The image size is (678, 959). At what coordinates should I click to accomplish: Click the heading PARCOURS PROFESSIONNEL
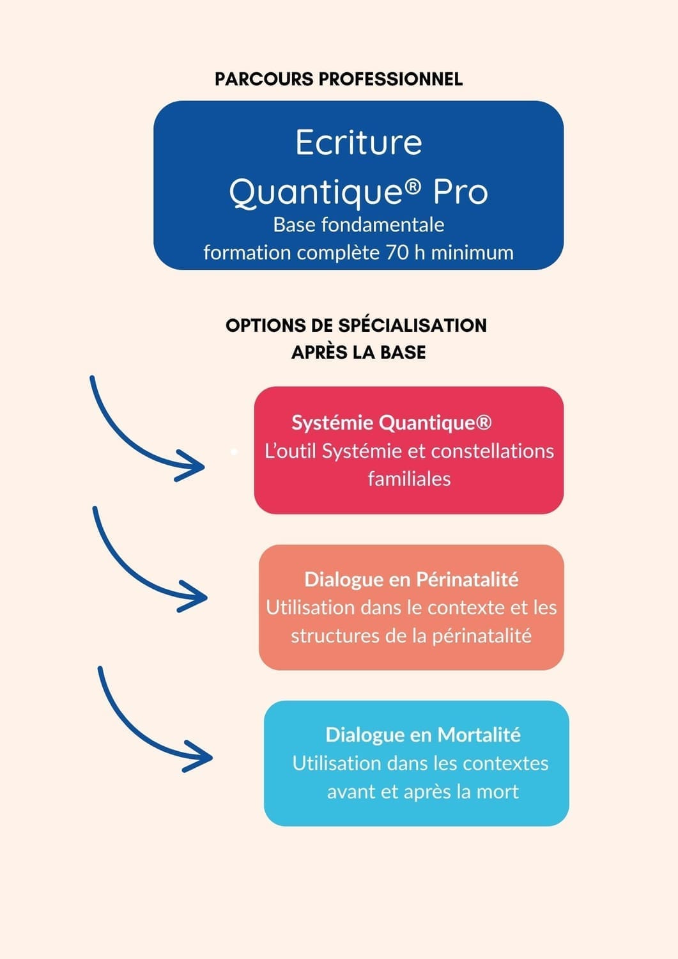[x=339, y=79]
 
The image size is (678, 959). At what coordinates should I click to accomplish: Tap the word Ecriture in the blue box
[x=358, y=142]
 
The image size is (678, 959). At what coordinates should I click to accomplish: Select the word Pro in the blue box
[x=461, y=192]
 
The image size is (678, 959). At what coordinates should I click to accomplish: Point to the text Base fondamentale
[x=358, y=225]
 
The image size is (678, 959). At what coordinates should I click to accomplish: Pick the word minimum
[x=472, y=253]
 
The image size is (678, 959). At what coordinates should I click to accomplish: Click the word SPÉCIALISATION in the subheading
[x=413, y=325]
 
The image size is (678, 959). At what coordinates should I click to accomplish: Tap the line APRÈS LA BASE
[x=358, y=352]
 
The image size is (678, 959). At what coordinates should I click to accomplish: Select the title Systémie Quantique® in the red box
[x=392, y=423]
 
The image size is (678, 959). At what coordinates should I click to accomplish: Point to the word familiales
[x=409, y=479]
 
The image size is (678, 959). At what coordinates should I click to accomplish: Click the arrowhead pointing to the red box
[x=190, y=466]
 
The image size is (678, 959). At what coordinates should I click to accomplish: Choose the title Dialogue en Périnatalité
[x=412, y=580]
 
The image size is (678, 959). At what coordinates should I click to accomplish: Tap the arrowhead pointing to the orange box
[x=193, y=596]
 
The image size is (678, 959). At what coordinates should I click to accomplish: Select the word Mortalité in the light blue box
[x=479, y=735]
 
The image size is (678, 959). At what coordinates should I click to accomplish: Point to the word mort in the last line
[x=498, y=792]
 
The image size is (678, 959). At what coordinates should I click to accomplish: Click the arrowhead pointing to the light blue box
[x=197, y=756]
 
